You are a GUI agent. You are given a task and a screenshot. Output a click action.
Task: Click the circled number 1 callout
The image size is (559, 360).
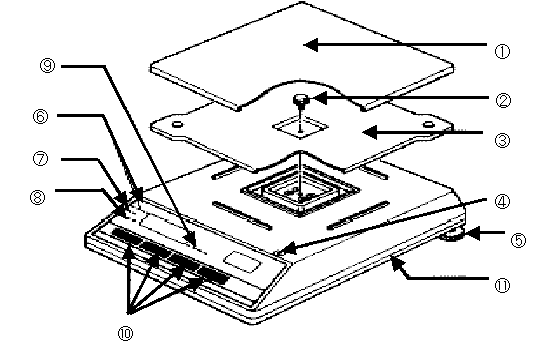tap(502, 52)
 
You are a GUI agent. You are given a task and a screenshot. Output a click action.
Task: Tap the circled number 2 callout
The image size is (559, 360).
tap(503, 101)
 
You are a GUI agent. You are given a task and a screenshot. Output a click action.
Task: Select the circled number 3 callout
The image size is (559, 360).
tap(502, 140)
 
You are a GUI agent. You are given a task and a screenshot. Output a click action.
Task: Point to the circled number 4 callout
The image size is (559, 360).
tap(502, 202)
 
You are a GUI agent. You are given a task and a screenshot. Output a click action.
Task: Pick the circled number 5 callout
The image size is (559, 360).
tap(518, 240)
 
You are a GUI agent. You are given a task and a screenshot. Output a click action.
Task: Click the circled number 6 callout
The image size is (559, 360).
tap(40, 117)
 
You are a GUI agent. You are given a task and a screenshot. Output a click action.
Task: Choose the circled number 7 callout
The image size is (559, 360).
tap(40, 159)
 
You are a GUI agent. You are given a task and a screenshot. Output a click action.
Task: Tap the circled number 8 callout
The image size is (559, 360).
tap(38, 197)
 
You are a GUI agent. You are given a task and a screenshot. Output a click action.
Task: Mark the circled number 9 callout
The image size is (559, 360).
tap(47, 66)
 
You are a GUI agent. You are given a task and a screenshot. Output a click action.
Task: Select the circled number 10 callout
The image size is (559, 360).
tap(125, 333)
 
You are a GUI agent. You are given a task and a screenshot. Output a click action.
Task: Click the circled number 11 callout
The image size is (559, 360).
tap(502, 285)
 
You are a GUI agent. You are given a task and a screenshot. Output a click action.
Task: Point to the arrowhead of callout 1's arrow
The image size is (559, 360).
tap(310, 45)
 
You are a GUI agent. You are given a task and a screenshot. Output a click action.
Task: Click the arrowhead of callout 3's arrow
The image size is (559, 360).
tap(369, 132)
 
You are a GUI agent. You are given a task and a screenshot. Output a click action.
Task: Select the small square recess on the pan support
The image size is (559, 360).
tap(300, 126)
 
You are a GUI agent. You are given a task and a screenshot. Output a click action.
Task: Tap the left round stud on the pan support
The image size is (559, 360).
tap(177, 124)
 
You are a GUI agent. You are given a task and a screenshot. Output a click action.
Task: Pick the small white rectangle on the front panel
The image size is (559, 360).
tap(243, 262)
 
